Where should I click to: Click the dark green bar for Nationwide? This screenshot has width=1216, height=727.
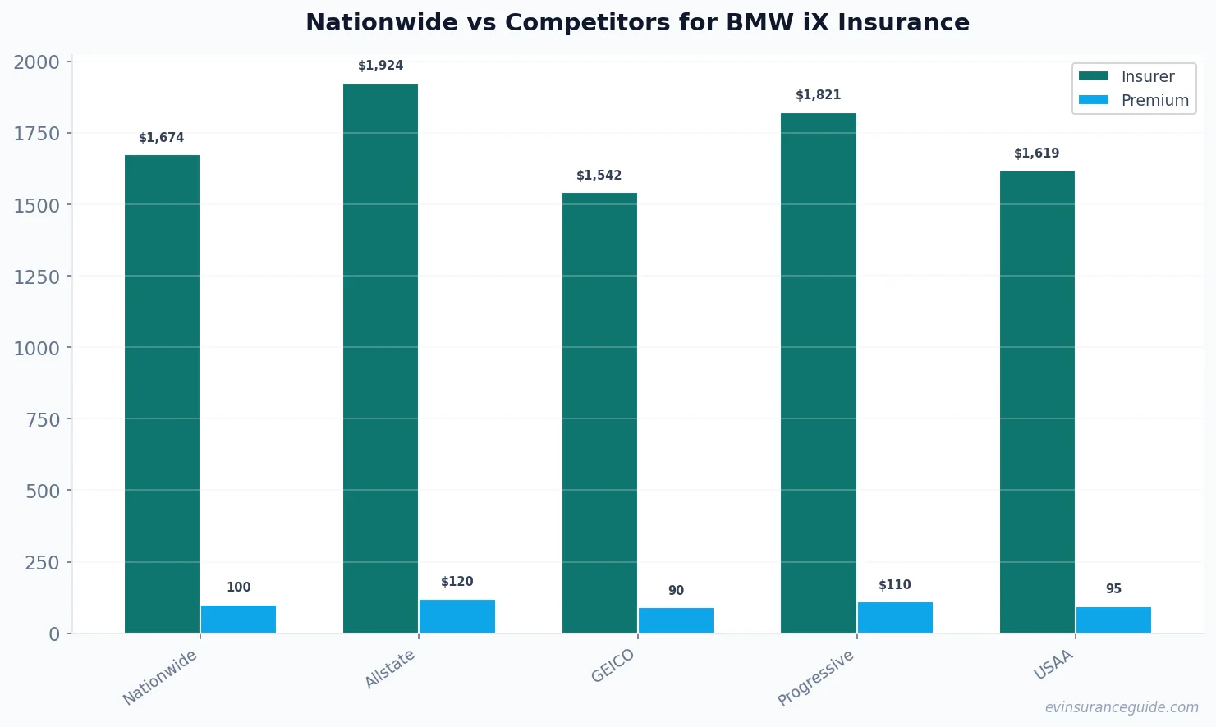(162, 394)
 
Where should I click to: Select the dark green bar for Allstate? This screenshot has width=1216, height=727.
(380, 358)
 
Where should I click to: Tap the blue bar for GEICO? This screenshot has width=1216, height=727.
(676, 620)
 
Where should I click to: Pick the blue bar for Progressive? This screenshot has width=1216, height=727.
(895, 617)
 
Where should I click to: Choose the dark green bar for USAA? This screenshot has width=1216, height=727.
(1037, 401)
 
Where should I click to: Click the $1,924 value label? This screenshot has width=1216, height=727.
(381, 66)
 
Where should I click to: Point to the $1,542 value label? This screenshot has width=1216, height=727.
(599, 176)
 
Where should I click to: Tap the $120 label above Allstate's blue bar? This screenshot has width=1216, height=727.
(457, 582)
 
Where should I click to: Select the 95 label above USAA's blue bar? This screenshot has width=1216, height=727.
(1113, 589)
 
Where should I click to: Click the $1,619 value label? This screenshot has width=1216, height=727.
(1037, 153)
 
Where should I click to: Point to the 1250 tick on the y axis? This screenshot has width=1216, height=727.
(37, 277)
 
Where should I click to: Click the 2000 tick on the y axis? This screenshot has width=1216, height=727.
(37, 62)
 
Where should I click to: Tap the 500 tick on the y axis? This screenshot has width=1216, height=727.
(43, 491)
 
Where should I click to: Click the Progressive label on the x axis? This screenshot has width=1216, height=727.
(816, 678)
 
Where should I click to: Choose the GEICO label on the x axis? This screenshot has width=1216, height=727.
(613, 665)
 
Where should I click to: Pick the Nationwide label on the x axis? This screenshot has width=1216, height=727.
(160, 677)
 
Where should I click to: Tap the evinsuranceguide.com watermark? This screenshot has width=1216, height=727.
(1122, 707)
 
